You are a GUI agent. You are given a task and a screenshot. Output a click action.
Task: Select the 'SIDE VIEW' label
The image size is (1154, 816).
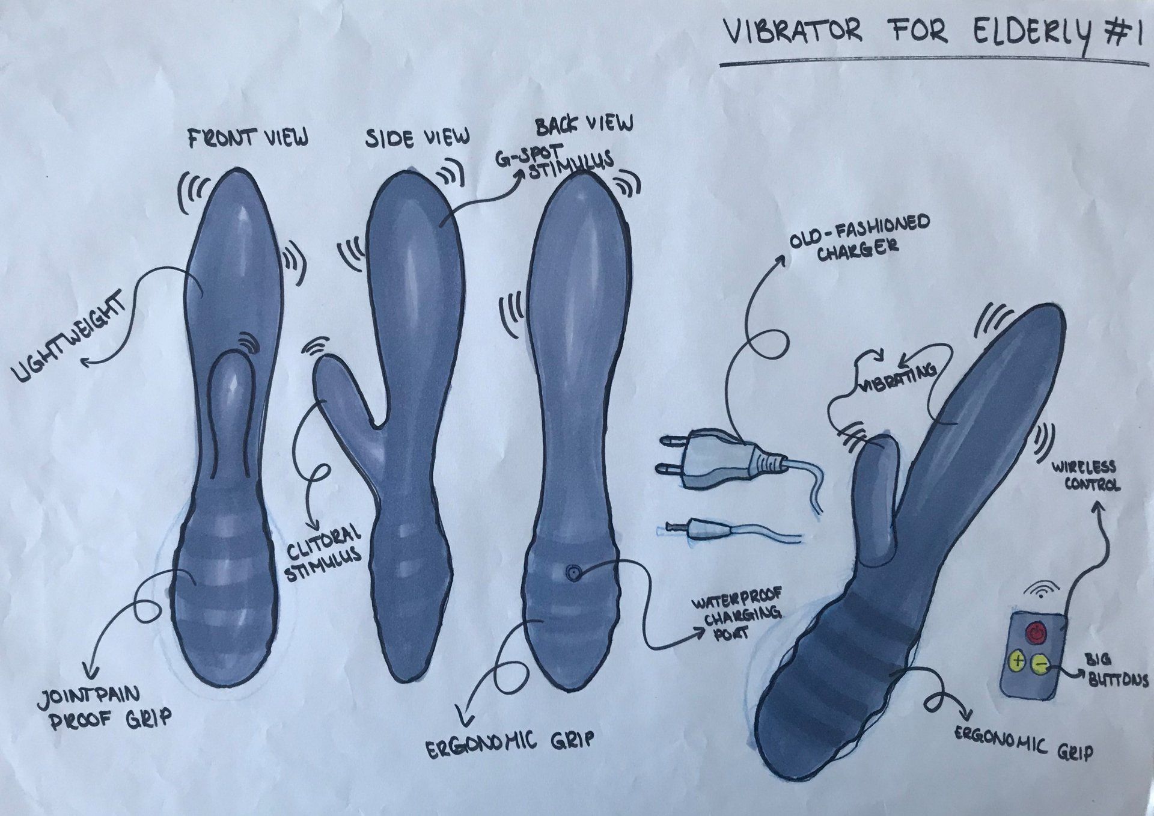point(418,138)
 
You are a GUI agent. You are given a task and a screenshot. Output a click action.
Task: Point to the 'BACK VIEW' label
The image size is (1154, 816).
point(584,123)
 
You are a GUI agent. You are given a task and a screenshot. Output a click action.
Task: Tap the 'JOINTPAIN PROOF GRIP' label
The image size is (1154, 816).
point(104,708)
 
